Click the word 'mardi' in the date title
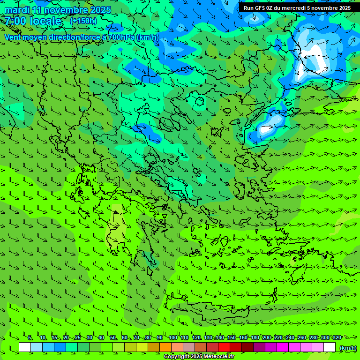(17, 10)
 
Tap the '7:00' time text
(15, 21)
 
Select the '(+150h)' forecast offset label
(83, 21)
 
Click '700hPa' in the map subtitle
(121, 37)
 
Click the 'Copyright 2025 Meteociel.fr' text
(199, 357)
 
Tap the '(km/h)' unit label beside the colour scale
(347, 347)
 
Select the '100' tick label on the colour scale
(173, 337)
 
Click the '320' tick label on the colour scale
(337, 337)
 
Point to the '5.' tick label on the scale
(30, 337)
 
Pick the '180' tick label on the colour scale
(255, 337)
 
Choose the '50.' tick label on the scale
(113, 337)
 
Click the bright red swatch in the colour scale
(224, 347)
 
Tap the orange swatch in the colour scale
(165, 347)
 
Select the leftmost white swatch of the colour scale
(25, 347)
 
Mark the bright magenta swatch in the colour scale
(283, 347)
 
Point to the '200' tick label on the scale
(267, 337)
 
